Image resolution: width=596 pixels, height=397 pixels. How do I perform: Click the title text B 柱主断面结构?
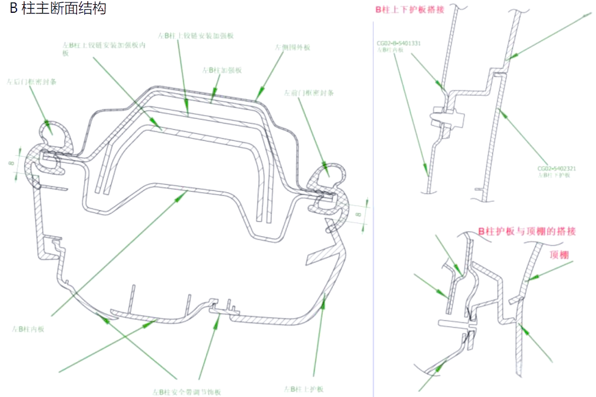(58, 9)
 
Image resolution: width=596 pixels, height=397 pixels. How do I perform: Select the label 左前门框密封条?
(308, 93)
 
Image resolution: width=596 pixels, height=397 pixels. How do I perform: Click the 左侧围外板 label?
(292, 47)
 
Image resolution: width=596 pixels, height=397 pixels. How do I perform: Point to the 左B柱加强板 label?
(222, 70)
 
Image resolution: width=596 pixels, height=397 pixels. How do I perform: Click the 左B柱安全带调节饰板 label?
(187, 391)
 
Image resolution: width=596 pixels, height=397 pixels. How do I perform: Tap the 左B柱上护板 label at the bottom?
(304, 390)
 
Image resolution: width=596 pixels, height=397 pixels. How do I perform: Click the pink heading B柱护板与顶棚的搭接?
(527, 231)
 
